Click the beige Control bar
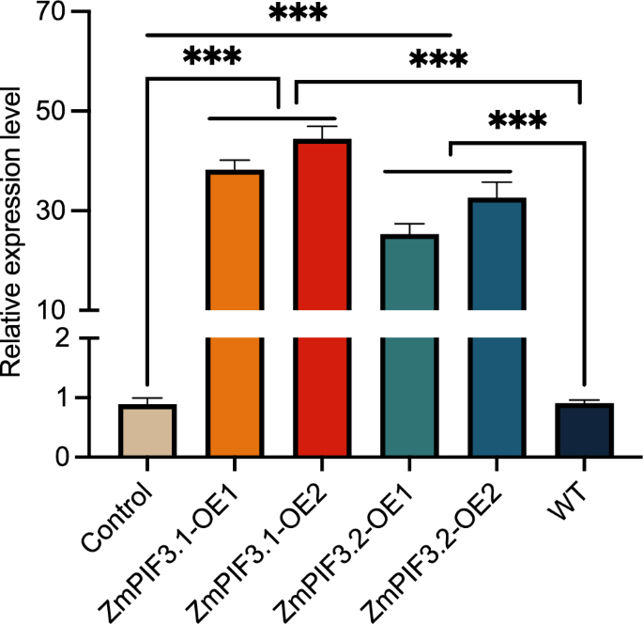pos(147,430)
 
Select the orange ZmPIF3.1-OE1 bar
pos(235,310)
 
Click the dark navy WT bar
pos(584,430)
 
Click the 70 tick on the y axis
pos(52,13)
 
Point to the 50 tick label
pos(52,112)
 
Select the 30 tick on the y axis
pos(52,211)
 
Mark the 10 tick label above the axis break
pos(52,309)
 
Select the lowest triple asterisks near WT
pos(517,121)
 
